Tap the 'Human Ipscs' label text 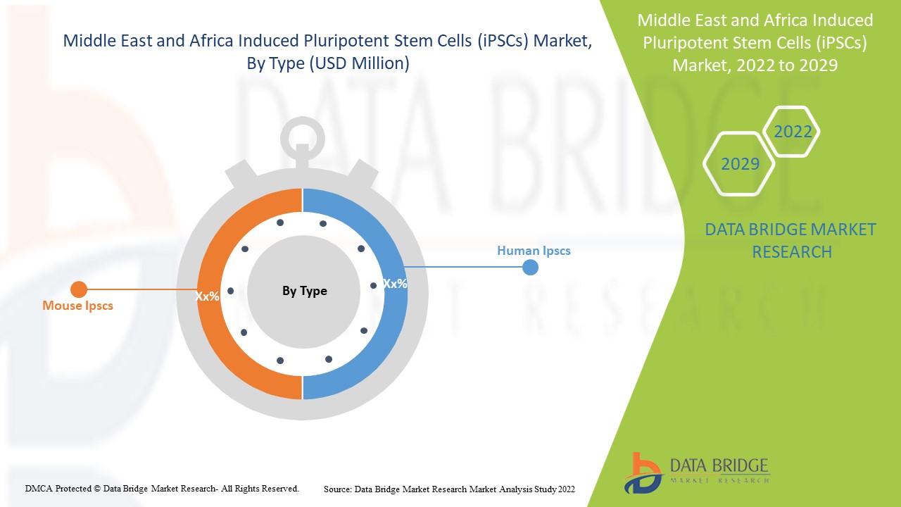[x=534, y=251]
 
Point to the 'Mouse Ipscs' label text [x=77, y=306]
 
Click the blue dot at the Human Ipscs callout [x=531, y=268]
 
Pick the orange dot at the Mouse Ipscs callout [x=79, y=289]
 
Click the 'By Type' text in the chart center [x=304, y=291]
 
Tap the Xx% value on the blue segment [x=395, y=284]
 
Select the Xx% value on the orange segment [x=208, y=296]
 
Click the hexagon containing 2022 [x=792, y=132]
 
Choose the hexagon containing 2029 [x=739, y=164]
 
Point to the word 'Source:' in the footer [x=338, y=489]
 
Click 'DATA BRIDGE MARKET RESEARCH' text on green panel [x=790, y=240]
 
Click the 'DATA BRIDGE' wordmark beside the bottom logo [x=720, y=465]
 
